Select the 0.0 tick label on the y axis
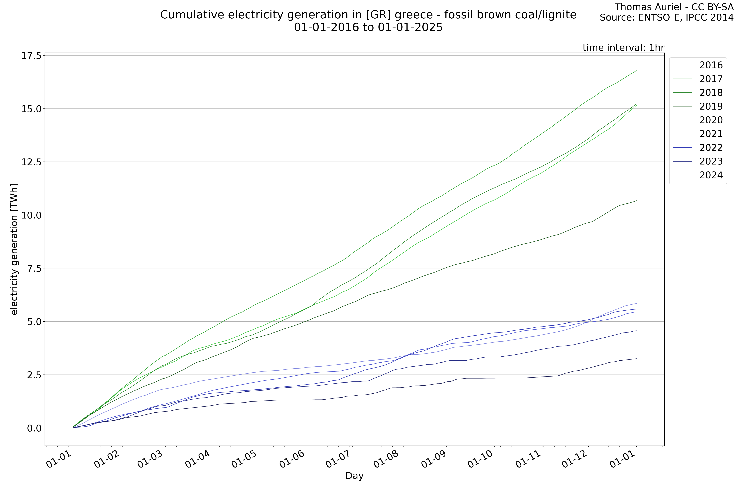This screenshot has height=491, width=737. click(34, 428)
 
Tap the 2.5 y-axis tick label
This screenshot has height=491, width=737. click(34, 375)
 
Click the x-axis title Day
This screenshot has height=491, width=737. click(354, 476)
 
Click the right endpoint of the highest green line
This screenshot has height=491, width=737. click(636, 71)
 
